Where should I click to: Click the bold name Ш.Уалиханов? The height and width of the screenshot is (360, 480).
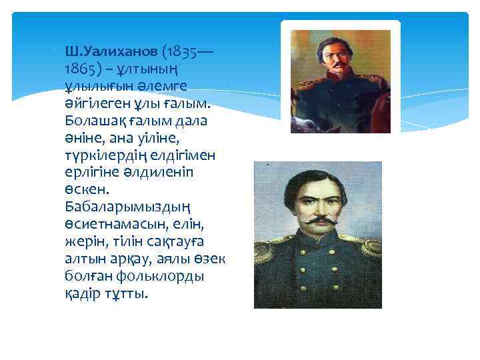click(111, 52)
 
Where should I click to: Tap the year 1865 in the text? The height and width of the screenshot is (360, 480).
click(81, 69)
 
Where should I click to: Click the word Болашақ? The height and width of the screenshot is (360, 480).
click(93, 121)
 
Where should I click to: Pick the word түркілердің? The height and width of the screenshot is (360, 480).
click(100, 155)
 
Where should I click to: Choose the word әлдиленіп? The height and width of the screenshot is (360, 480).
click(163, 172)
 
